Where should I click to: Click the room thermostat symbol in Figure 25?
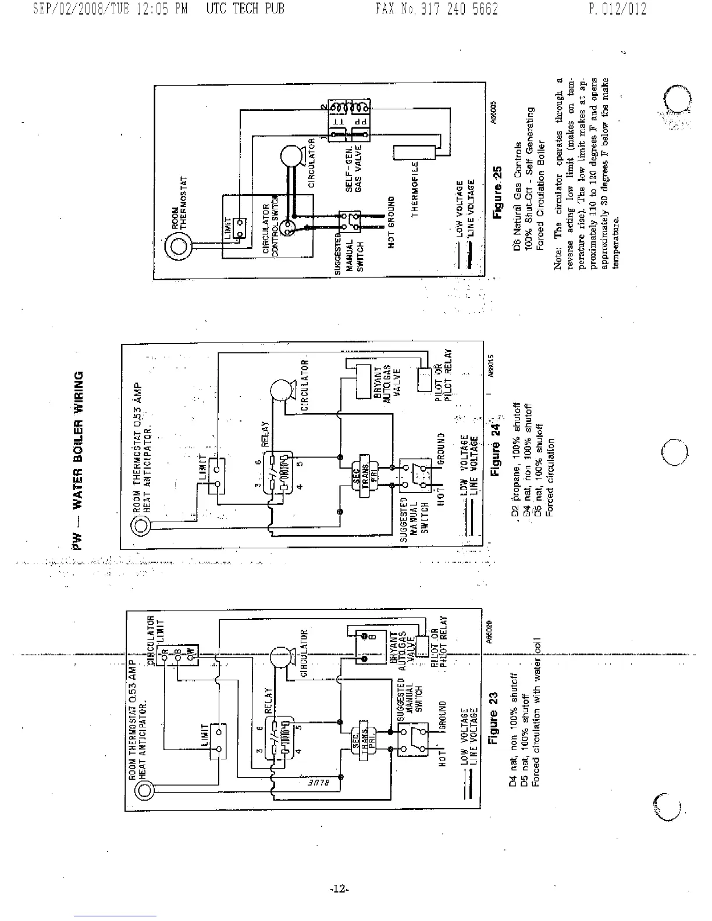point(177,248)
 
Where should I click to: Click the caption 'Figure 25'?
point(497,201)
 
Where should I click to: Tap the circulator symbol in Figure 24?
point(282,391)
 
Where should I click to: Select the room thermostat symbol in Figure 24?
point(141,527)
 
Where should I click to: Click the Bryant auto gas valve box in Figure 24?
point(364,381)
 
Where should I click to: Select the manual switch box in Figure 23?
point(412,739)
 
